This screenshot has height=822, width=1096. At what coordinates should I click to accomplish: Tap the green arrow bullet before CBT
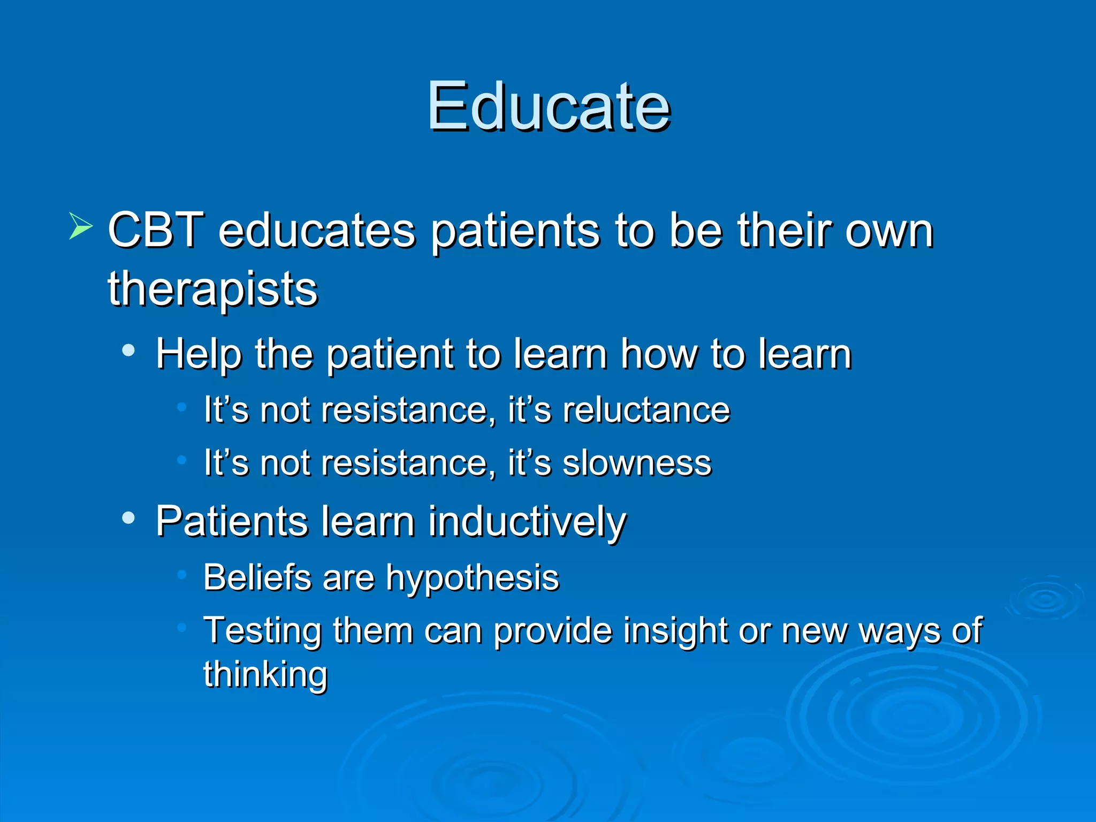coord(80,226)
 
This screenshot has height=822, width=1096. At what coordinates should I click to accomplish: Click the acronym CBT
coord(156,230)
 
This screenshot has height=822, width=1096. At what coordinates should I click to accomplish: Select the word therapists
coord(212,290)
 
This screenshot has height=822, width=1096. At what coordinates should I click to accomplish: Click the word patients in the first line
coord(515,231)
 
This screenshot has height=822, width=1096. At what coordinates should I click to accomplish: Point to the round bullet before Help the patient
coord(128,351)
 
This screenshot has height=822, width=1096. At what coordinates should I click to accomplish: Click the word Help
coord(199,354)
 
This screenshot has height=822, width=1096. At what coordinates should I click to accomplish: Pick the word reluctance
coord(646,410)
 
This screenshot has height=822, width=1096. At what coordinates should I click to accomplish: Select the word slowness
coord(637,463)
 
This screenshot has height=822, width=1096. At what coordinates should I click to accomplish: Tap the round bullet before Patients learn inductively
coord(128,518)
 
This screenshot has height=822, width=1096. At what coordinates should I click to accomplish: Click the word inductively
coord(527,522)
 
